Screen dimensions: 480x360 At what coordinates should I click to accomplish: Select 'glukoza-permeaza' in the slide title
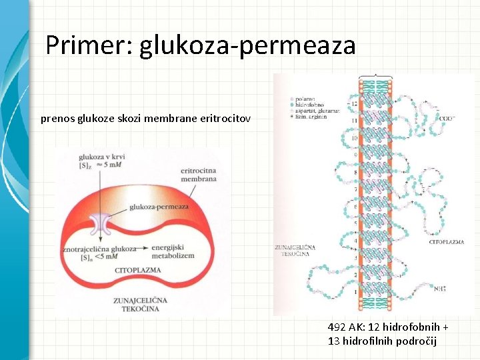click(x=247, y=46)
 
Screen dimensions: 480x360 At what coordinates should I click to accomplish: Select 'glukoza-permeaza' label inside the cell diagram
click(x=159, y=207)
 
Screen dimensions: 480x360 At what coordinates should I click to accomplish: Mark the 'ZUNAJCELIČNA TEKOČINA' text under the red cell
click(x=139, y=305)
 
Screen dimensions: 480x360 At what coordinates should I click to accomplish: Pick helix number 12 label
click(x=354, y=104)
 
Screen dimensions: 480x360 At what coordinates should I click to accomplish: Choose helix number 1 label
click(x=355, y=291)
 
